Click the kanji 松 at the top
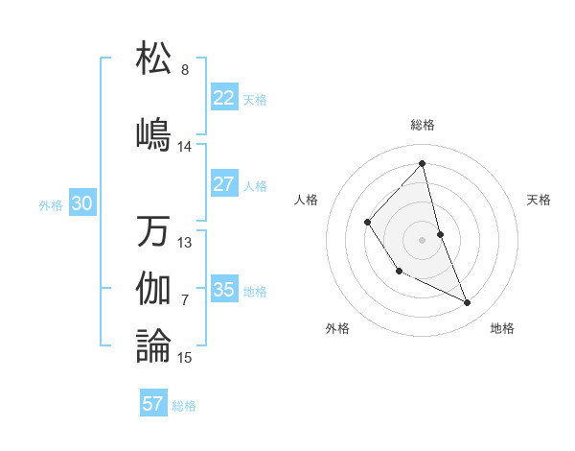(x=153, y=58)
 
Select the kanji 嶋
(x=153, y=132)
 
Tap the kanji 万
(x=153, y=231)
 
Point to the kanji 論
(x=153, y=345)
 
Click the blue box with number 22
(x=223, y=98)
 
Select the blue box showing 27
(x=223, y=184)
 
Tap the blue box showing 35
(x=223, y=290)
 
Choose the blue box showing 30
(x=81, y=203)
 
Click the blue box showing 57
(x=153, y=404)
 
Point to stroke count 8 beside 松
(x=185, y=70)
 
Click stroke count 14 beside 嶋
(x=185, y=147)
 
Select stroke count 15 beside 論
(x=185, y=358)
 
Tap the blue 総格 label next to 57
(x=184, y=406)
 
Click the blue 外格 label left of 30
(x=50, y=204)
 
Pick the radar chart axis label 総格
(x=423, y=125)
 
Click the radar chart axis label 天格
(x=540, y=200)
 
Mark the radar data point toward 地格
(x=468, y=302)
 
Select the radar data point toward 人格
(x=368, y=223)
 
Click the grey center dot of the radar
(x=422, y=239)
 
